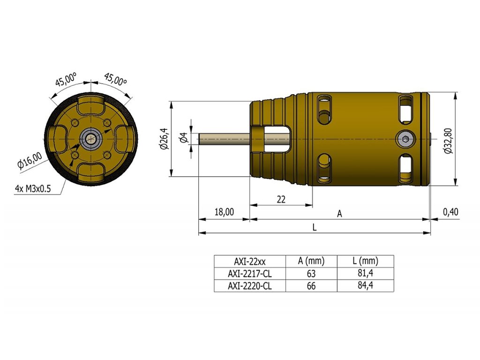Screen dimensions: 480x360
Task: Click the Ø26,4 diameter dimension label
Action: (165, 139)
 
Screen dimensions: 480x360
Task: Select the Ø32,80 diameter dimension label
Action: (449, 141)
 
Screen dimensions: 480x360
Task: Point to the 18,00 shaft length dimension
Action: (224, 211)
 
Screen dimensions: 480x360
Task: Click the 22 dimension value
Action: (281, 199)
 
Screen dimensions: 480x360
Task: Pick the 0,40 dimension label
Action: (450, 211)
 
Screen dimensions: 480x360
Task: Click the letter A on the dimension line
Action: (339, 214)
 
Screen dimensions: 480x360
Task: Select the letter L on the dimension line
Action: (315, 227)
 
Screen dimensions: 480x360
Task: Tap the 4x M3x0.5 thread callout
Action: (33, 188)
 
